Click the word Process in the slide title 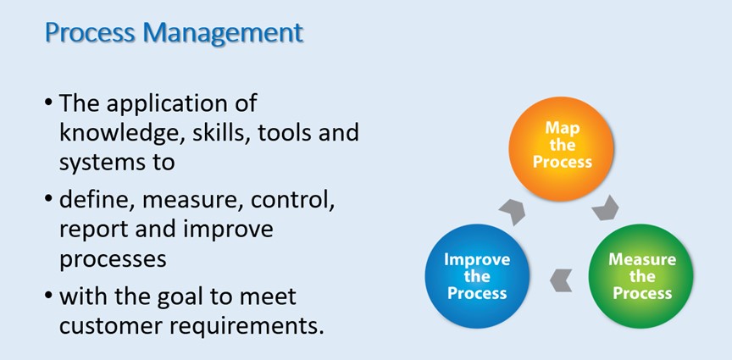(91, 33)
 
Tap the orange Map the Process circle (562, 149)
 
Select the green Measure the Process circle (641, 276)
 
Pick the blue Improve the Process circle (477, 276)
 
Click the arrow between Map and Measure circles (606, 208)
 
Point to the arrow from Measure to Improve (561, 280)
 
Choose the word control (292, 202)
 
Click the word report (89, 230)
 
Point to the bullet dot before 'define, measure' (48, 201)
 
